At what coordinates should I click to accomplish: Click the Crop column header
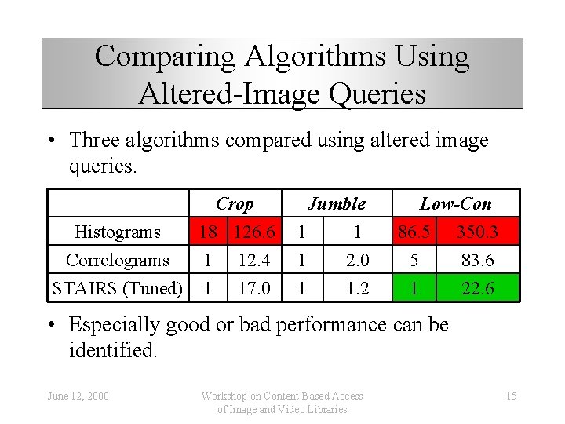(x=235, y=204)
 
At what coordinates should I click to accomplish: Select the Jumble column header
(x=337, y=204)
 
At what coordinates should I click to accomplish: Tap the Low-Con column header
(x=455, y=204)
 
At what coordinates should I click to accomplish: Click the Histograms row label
(x=117, y=232)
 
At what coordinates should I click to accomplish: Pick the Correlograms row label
(x=117, y=260)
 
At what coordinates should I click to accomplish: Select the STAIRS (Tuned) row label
(x=117, y=288)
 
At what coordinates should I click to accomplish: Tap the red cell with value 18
(x=208, y=232)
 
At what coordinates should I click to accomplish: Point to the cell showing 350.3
(x=477, y=232)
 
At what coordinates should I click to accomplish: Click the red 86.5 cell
(x=413, y=232)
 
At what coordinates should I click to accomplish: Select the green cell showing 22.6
(x=477, y=288)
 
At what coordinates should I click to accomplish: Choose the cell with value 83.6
(x=477, y=260)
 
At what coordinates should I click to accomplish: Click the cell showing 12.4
(x=254, y=260)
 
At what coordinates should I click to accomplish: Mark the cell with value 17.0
(x=254, y=288)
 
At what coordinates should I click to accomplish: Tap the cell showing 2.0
(x=357, y=260)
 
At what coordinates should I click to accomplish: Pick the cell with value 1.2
(x=357, y=288)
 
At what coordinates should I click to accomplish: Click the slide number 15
(x=511, y=396)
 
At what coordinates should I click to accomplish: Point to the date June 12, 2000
(x=77, y=396)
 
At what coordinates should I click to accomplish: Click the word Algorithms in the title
(x=324, y=57)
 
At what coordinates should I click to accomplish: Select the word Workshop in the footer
(x=227, y=396)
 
